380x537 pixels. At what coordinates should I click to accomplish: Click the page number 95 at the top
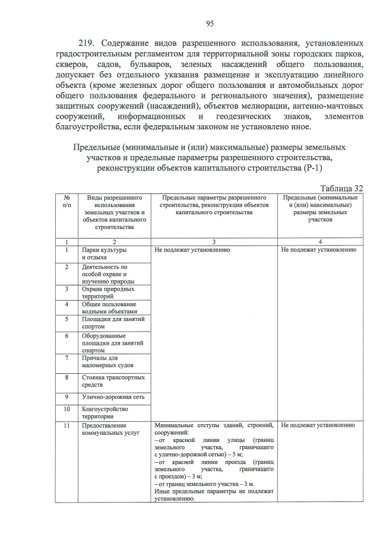210,23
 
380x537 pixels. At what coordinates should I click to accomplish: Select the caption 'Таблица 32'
337,188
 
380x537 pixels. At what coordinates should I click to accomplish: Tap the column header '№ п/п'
67,201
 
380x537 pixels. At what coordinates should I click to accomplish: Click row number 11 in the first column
67,425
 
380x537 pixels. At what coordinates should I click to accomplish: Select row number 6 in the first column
67,336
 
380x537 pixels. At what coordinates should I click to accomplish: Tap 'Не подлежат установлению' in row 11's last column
318,425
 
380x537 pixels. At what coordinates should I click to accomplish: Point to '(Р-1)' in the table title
309,169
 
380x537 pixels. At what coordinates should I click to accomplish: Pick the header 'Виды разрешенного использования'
115,201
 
